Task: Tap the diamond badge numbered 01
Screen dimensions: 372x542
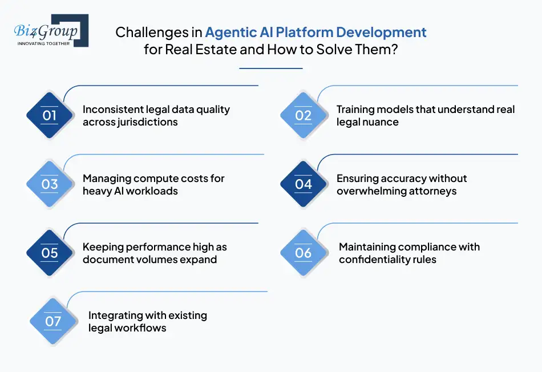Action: [x=50, y=115]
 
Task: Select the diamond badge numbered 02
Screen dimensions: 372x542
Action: [x=304, y=115]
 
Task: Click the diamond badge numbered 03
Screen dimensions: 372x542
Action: [x=50, y=184]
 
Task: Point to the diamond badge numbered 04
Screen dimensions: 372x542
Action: [x=304, y=184]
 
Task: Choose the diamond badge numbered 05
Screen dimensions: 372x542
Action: [x=50, y=252]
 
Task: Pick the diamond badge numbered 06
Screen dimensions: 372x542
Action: [x=304, y=252]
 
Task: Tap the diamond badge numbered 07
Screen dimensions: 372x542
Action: [x=53, y=321]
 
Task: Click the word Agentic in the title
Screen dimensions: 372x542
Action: [x=230, y=32]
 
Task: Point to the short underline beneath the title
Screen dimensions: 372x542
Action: [x=270, y=68]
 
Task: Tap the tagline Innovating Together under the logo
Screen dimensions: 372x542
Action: [x=44, y=43]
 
